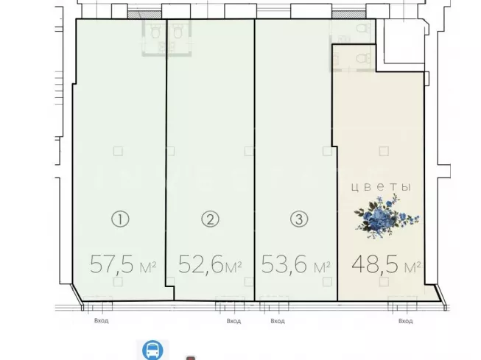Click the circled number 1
tap(120, 219)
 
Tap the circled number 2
tap(210, 219)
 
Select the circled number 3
tap(299, 219)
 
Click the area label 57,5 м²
tap(123, 264)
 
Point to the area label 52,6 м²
tap(210, 264)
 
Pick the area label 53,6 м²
tap(295, 264)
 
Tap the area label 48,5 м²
tap(386, 264)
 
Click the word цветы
tap(381, 187)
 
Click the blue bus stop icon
tap(152, 350)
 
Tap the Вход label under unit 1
tap(101, 321)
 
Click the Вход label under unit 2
tap(234, 321)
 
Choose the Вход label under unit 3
tap(278, 321)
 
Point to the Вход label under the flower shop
tap(406, 321)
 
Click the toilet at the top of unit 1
tap(155, 31)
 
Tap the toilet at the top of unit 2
tap(178, 31)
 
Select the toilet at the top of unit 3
tap(363, 29)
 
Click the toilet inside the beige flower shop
tap(364, 57)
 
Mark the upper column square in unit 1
tap(118, 151)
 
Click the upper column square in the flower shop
tap(384, 151)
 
